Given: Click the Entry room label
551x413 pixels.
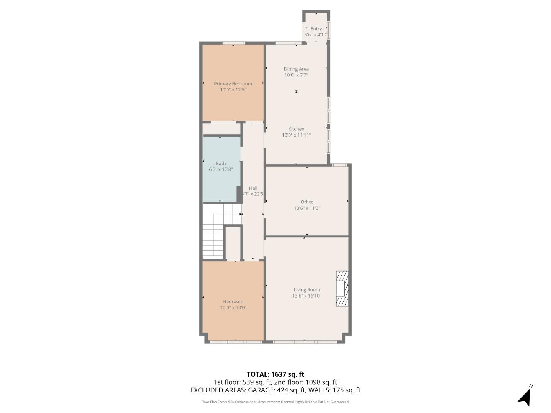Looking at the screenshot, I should (x=316, y=29).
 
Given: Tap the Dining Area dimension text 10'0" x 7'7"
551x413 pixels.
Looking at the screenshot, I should (x=296, y=75).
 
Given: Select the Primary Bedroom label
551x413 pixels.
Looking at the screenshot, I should (x=233, y=84).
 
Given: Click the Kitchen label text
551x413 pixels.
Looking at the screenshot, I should (x=296, y=129).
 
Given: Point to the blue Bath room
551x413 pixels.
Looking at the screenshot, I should (x=221, y=180).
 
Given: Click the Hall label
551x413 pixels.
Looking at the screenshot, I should (x=253, y=188).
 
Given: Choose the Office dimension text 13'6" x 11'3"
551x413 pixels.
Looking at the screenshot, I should (x=307, y=208).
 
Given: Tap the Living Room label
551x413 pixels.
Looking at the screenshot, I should (x=306, y=290).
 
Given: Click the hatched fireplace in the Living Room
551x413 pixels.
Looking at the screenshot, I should (x=342, y=288).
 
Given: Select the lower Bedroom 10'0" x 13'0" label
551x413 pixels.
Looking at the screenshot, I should (x=233, y=304).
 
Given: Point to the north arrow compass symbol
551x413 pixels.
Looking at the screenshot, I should (x=525, y=397).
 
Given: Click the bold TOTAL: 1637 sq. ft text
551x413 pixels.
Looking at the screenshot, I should (x=275, y=374).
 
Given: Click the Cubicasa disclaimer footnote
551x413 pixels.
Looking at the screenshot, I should (x=275, y=402).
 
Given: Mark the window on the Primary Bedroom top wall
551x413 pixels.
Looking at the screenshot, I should (x=233, y=43).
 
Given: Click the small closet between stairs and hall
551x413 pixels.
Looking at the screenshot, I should (x=233, y=243).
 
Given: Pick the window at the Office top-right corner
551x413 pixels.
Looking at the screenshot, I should (x=339, y=165).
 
